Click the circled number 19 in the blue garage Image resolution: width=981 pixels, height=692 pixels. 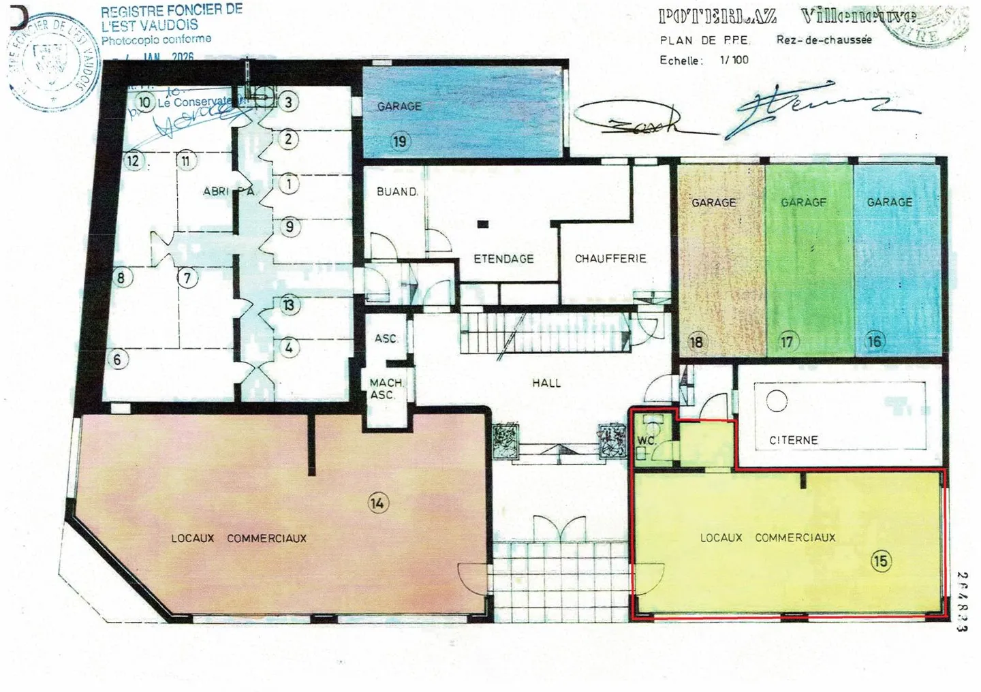tap(399, 142)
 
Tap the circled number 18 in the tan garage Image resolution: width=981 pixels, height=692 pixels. tap(696, 341)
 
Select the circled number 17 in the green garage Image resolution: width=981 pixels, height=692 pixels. tap(787, 341)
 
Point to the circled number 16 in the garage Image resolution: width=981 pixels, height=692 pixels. tap(874, 341)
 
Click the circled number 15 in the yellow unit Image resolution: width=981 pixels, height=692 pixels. tap(880, 561)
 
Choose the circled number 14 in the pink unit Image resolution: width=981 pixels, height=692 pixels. tap(377, 503)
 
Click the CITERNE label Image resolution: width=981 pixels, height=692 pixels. tap(793, 441)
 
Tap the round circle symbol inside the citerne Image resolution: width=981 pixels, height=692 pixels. tap(777, 400)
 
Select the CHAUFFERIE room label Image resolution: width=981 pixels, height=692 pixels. tap(610, 259)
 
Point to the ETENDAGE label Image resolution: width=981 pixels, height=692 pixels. tap(503, 259)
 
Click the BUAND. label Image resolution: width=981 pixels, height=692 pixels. tap(397, 192)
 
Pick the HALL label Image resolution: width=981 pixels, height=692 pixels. tap(546, 383)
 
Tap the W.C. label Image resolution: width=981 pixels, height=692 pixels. tap(646, 441)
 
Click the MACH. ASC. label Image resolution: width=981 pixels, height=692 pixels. tap(386, 389)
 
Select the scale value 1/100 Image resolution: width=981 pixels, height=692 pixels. tap(734, 60)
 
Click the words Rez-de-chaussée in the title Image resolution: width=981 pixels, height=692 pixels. tap(824, 40)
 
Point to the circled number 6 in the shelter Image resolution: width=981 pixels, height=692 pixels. tap(118, 359)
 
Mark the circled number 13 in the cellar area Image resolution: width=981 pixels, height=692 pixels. tap(289, 305)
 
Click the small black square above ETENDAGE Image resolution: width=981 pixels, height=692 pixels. tap(483, 224)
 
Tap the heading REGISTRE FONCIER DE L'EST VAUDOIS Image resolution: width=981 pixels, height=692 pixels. tap(171, 18)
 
